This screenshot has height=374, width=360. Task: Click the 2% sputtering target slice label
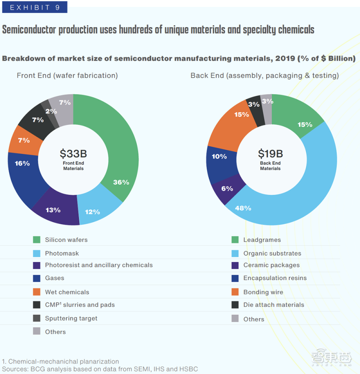pyautogui.click(x=51, y=111)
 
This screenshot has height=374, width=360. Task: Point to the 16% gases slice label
pyautogui.click(x=22, y=164)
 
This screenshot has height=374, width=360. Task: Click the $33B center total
pyautogui.click(x=73, y=154)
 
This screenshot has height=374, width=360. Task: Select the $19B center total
pyautogui.click(x=270, y=154)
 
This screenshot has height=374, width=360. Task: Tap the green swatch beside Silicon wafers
pyautogui.click(x=37, y=240)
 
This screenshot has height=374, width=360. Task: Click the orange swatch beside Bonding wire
pyautogui.click(x=235, y=292)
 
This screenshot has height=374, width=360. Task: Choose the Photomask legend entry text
pyautogui.click(x=62, y=253)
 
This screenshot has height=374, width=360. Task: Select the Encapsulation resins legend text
pyautogui.click(x=275, y=278)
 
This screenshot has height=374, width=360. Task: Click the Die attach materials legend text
pyautogui.click(x=274, y=305)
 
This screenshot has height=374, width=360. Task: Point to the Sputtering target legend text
pyautogui.click(x=71, y=319)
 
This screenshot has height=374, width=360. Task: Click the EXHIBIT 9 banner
pyautogui.click(x=35, y=7)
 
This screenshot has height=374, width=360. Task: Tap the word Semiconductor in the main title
pyautogui.click(x=29, y=30)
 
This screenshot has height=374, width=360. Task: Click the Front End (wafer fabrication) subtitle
pyautogui.click(x=67, y=76)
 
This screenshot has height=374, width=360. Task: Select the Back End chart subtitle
pyautogui.click(x=265, y=76)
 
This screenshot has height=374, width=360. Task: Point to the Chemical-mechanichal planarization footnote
pyautogui.click(x=60, y=361)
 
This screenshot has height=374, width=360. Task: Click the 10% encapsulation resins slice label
pyautogui.click(x=220, y=156)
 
